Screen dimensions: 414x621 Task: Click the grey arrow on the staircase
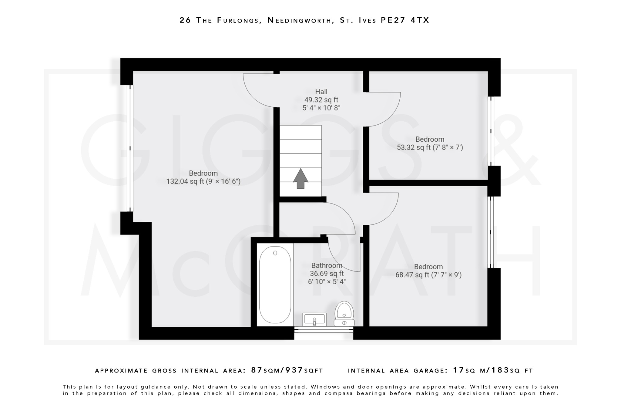(x=300, y=179)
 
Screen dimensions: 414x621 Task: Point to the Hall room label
(x=321, y=92)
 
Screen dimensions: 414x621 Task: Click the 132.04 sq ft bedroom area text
(x=203, y=181)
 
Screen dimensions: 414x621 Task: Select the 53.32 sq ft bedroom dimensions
(x=430, y=148)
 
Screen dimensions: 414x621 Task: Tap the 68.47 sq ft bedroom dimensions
(x=428, y=275)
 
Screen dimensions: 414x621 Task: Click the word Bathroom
(x=327, y=266)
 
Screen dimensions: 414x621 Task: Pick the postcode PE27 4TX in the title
(x=405, y=20)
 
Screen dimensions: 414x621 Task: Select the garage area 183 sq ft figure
(x=500, y=370)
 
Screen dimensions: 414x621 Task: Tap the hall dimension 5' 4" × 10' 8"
(x=321, y=108)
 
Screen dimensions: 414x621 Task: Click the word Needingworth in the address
(x=299, y=20)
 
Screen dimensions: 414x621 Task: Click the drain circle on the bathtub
(x=275, y=253)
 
